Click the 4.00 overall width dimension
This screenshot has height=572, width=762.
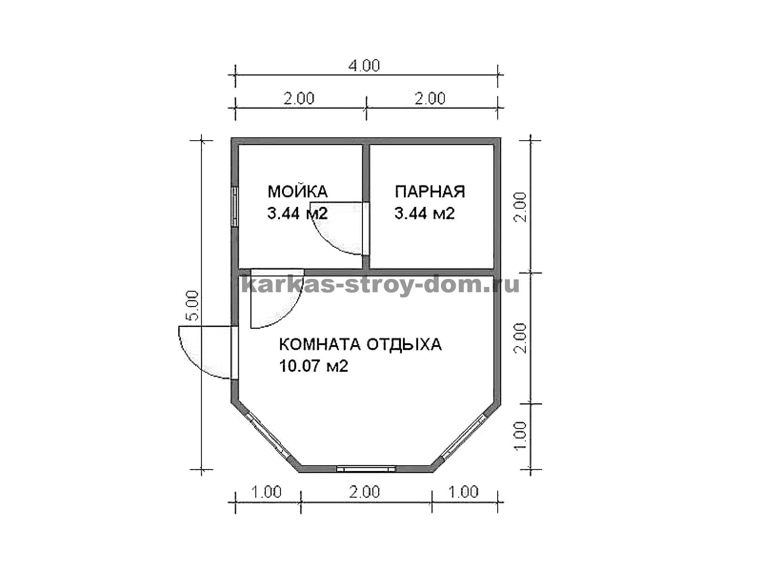(x=364, y=66)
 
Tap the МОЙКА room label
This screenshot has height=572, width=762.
(x=298, y=191)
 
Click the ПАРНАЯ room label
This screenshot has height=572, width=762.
(x=430, y=192)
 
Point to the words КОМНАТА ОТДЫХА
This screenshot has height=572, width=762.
(x=361, y=345)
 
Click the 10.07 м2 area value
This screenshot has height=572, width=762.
(x=313, y=366)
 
